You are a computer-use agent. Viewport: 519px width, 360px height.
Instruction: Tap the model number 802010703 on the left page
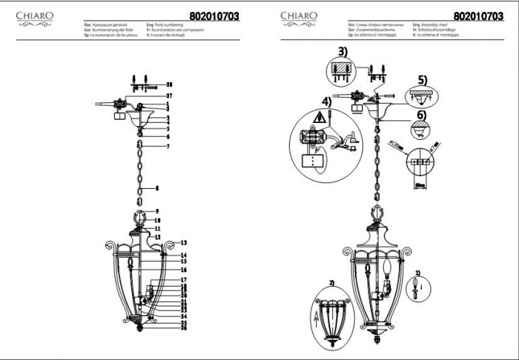(x=214, y=16)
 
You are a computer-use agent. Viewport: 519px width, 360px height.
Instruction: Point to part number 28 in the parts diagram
(x=168, y=85)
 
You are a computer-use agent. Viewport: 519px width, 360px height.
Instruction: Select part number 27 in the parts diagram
(x=168, y=96)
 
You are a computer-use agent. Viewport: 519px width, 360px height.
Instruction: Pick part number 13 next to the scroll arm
(x=184, y=243)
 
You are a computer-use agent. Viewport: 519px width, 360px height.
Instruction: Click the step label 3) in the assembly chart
(x=342, y=52)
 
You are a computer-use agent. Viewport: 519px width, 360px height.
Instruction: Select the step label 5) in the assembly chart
(x=423, y=79)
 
